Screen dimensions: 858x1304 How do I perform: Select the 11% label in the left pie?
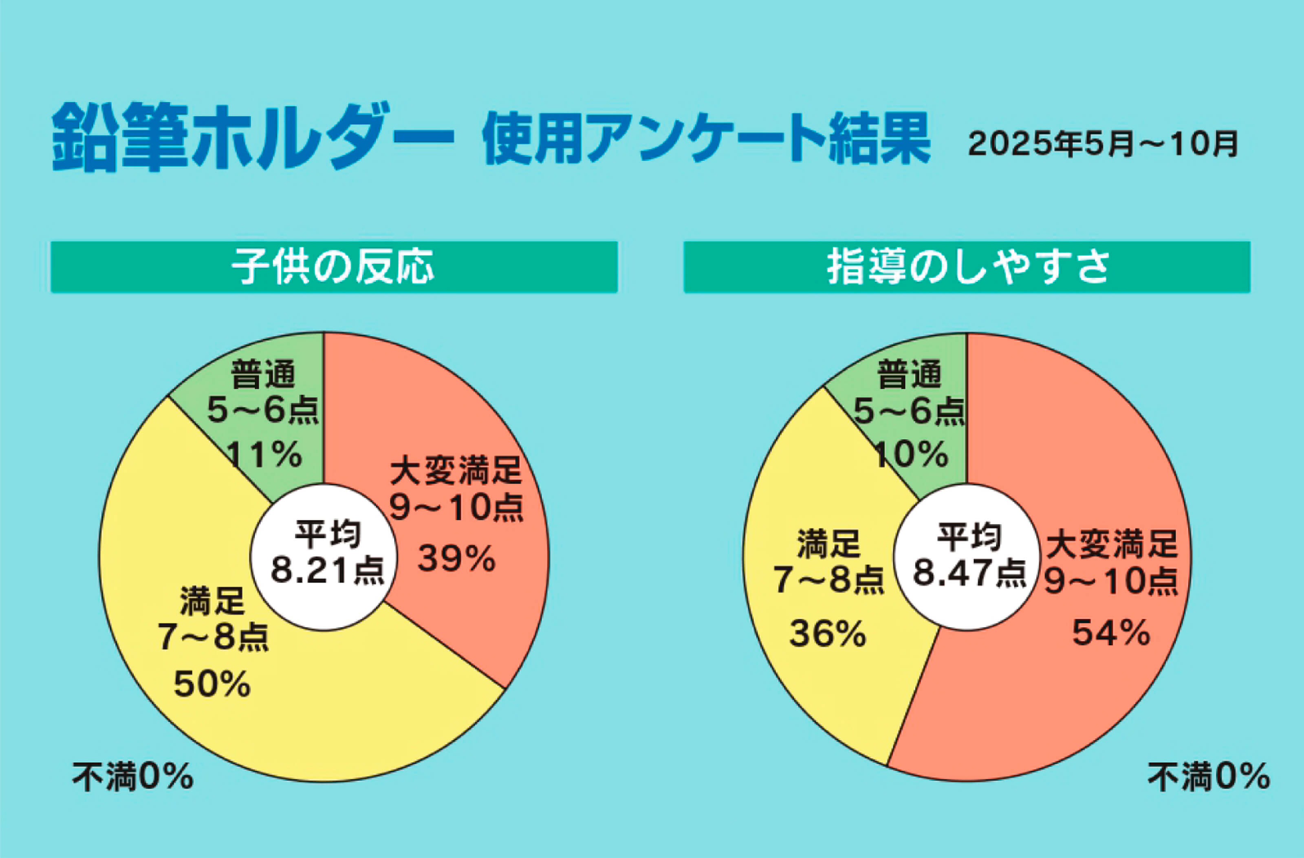tap(264, 454)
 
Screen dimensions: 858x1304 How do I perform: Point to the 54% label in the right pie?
tap(1110, 633)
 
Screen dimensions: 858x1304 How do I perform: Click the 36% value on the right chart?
tap(827, 634)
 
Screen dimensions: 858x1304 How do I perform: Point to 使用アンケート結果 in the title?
tap(706, 139)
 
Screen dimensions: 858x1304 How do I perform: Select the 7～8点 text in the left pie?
tap(213, 637)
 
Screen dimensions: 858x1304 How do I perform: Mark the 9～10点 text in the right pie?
tap(1110, 581)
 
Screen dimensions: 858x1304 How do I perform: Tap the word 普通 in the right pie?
tap(910, 375)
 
